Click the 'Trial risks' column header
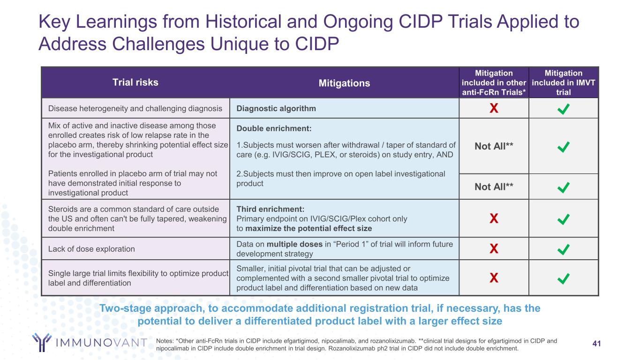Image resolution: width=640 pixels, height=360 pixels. (x=135, y=82)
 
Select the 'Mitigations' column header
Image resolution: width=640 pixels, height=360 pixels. (x=345, y=83)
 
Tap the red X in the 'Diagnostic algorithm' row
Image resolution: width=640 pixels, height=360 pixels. (x=493, y=109)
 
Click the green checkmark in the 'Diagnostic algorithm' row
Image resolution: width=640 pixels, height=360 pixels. (x=563, y=109)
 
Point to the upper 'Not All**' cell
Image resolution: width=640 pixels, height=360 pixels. (x=494, y=146)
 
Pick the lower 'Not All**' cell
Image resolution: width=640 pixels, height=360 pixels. (x=494, y=187)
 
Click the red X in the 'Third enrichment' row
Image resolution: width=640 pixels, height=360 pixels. (x=493, y=219)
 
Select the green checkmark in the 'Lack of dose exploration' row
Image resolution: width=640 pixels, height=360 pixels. (x=563, y=249)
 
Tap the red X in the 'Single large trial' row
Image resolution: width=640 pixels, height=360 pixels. (x=493, y=278)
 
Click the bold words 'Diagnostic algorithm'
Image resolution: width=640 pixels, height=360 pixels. (x=276, y=109)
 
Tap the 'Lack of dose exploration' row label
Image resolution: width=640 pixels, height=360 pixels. (x=91, y=249)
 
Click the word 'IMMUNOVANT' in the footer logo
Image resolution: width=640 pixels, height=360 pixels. (x=101, y=343)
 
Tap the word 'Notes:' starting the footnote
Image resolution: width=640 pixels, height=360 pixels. (x=166, y=341)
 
